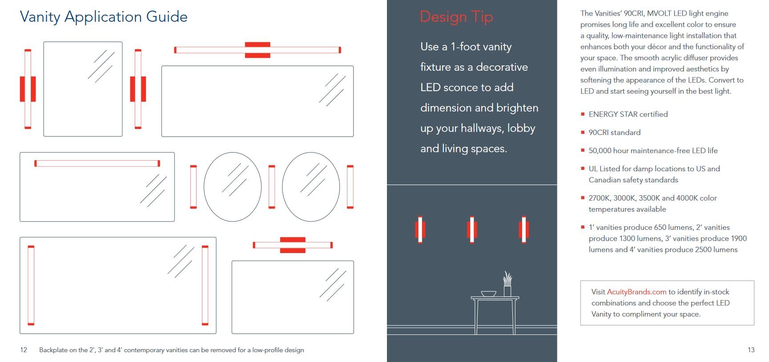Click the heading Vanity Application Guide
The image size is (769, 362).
104,17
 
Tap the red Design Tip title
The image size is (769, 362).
456,17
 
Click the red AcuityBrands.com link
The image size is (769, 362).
636,292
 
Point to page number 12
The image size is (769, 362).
24,350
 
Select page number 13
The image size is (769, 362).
751,350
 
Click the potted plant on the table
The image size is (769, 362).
507,284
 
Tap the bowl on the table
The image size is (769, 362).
488,294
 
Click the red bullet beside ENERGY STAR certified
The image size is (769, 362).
583,114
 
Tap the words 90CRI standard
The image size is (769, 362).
615,133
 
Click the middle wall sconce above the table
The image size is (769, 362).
472,229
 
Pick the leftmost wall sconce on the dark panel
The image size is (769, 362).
420,229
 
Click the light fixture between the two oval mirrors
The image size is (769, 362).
272,187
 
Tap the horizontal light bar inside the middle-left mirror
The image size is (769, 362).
97,164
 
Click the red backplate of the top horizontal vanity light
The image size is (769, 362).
258,50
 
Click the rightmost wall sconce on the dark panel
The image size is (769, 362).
523,229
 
